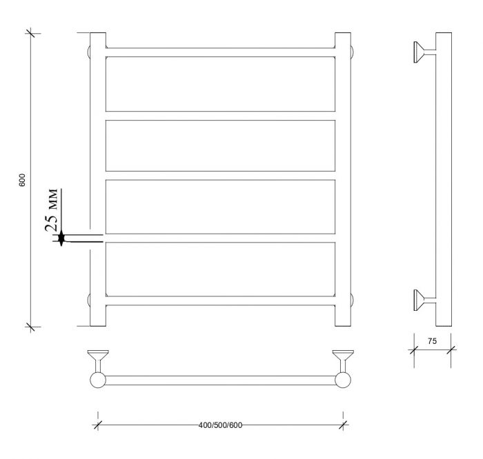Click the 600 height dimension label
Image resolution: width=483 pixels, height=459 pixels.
pyautogui.click(x=22, y=180)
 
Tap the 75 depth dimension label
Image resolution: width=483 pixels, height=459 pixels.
pyautogui.click(x=432, y=341)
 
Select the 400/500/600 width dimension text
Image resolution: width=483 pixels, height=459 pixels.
pyautogui.click(x=220, y=425)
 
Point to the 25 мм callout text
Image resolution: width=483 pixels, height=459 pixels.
pyautogui.click(x=51, y=210)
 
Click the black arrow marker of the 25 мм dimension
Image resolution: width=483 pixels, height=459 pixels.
pyautogui.click(x=61, y=238)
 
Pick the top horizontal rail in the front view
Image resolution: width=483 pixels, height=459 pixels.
pyautogui.click(x=221, y=52)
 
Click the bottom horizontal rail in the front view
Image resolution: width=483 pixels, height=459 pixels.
pyautogui.click(x=221, y=300)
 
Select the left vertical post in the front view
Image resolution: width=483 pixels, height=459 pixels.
pyautogui.click(x=98, y=179)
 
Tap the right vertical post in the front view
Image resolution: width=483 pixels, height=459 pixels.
pyautogui.click(x=343, y=179)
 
